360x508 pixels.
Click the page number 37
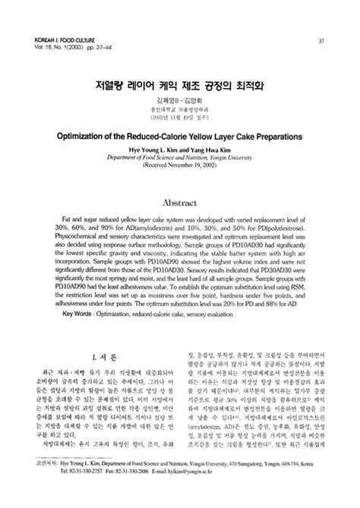point(321,41)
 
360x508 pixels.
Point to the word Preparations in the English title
point(273,138)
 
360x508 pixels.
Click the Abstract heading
point(180,204)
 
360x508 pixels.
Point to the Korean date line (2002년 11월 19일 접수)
point(179,117)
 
